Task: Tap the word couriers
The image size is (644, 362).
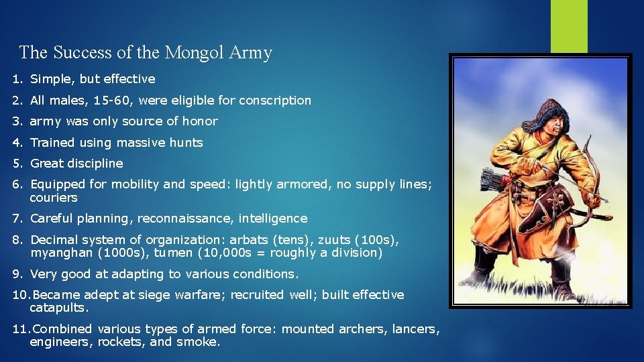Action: [x=54, y=198]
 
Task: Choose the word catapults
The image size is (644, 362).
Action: [x=59, y=308]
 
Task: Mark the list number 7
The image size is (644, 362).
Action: [x=17, y=219]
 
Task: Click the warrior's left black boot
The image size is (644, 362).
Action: [x=484, y=268]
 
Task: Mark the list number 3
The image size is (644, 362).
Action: [x=17, y=121]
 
